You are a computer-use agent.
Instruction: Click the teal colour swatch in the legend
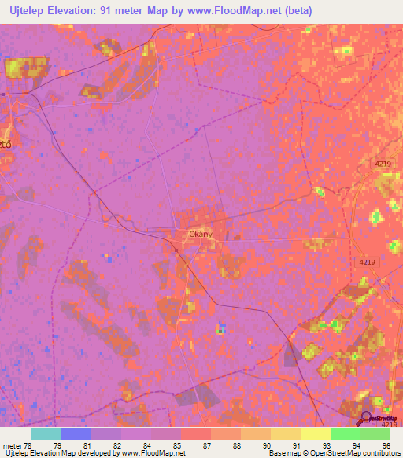click(x=46, y=434)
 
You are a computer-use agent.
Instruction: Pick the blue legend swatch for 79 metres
click(x=76, y=434)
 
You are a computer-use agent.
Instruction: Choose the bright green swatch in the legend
click(x=345, y=434)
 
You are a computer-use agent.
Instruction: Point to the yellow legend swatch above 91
click(x=315, y=434)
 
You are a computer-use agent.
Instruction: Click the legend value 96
click(x=386, y=445)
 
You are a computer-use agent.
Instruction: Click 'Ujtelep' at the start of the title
click(x=29, y=11)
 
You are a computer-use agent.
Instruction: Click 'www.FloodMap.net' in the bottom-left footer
click(x=154, y=454)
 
